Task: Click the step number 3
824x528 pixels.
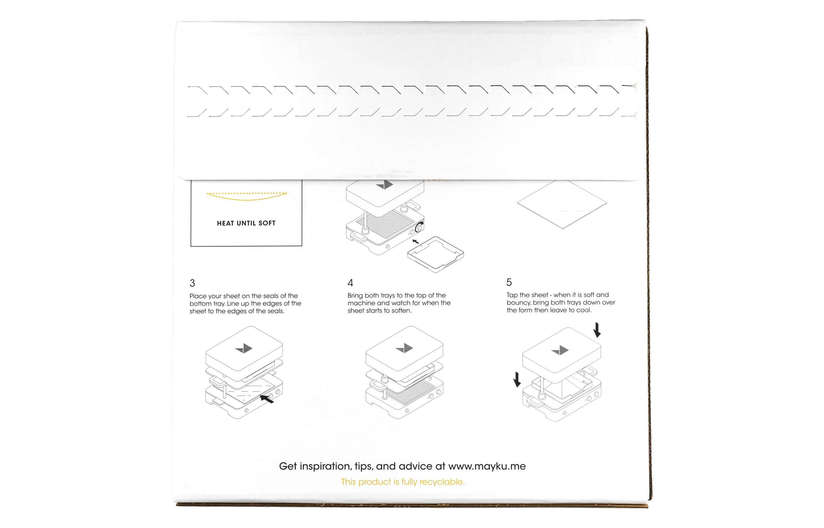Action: [x=192, y=283]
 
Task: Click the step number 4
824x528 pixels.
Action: [x=350, y=283]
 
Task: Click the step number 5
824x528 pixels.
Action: [x=509, y=283]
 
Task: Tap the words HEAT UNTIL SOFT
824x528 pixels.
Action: [x=246, y=223]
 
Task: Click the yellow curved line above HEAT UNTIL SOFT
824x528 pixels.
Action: [x=247, y=199]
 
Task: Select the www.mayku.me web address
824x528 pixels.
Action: [x=487, y=466]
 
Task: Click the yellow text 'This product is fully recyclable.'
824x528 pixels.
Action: [x=402, y=482]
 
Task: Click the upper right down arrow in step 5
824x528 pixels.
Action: [x=597, y=330]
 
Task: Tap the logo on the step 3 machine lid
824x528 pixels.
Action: [x=244, y=348]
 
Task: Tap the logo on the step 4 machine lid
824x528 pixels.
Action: [x=404, y=348]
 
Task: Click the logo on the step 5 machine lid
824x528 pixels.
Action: [x=560, y=350]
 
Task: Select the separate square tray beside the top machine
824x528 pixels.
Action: [x=435, y=254]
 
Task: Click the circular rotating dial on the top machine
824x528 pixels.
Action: [x=419, y=228]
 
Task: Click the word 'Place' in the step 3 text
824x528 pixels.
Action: [x=198, y=296]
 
